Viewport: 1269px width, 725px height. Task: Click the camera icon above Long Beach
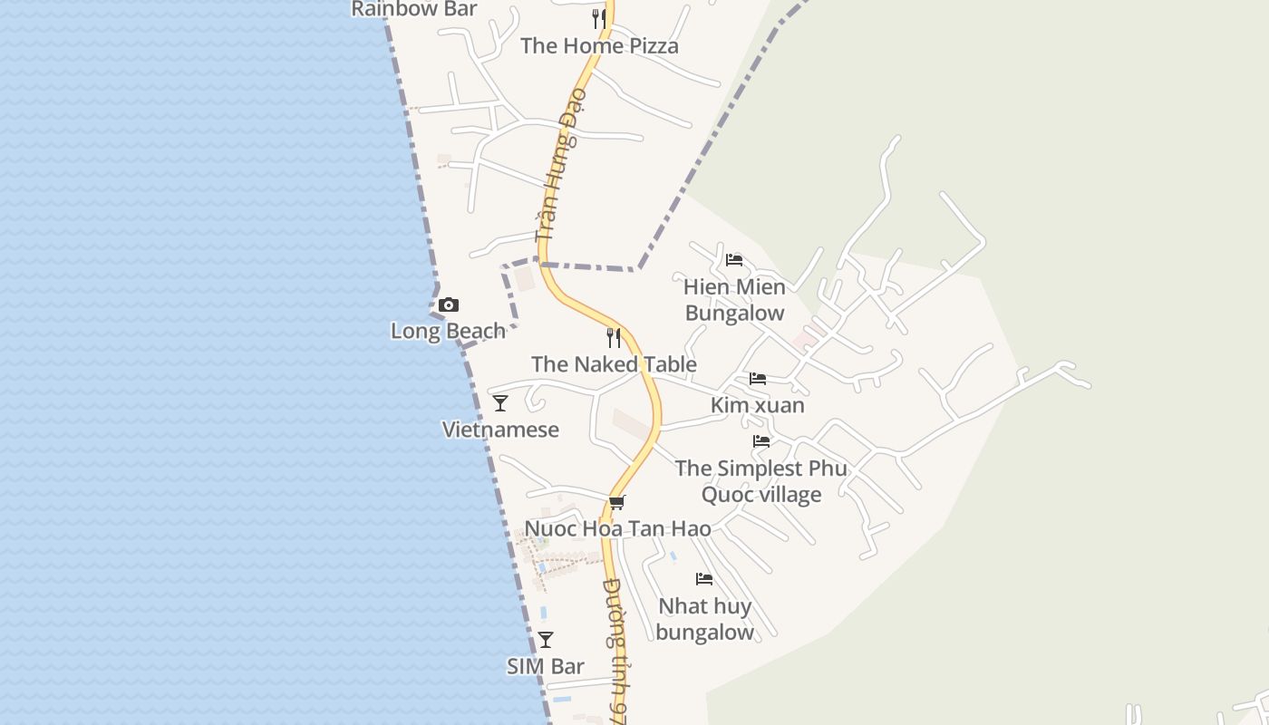click(448, 305)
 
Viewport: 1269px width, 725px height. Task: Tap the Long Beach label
click(448, 331)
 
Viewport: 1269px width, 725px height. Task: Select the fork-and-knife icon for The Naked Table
click(614, 338)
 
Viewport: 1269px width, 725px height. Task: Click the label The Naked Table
click(614, 364)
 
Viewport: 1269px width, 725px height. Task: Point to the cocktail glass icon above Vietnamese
click(500, 403)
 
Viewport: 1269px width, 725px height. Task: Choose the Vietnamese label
click(500, 430)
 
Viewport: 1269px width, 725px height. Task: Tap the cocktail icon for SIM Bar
click(545, 640)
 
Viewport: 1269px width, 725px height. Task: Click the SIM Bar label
click(545, 666)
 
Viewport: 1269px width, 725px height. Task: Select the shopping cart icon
click(617, 502)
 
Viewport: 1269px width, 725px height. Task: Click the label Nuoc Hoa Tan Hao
click(617, 528)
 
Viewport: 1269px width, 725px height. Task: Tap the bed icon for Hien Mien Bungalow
click(734, 260)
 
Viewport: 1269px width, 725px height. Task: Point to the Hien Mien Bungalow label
click(734, 300)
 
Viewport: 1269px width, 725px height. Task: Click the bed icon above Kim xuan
click(758, 378)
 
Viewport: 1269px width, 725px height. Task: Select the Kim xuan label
click(758, 405)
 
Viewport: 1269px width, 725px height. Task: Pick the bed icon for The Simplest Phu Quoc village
click(761, 441)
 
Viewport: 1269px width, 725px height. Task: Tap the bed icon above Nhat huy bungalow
click(704, 579)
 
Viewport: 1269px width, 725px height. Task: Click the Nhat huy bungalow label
click(704, 619)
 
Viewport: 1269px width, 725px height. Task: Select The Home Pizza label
click(599, 46)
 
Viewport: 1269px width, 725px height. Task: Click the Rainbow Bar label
click(413, 9)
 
